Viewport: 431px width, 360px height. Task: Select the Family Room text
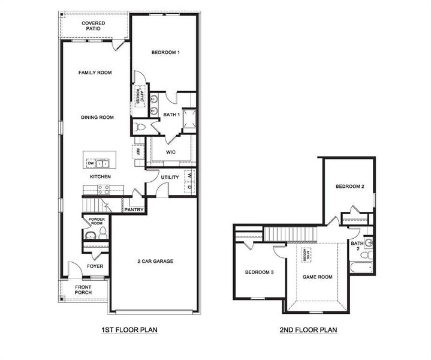pos(95,73)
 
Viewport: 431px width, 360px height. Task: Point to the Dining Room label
pos(97,118)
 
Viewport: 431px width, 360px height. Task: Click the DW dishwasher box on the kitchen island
pos(91,163)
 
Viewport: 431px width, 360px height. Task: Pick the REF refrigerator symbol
pos(137,152)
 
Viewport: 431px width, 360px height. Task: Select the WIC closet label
pos(170,152)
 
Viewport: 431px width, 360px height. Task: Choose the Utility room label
pos(171,178)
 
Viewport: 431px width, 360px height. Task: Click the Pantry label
pos(133,209)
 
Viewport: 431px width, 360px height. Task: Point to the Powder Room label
pos(97,221)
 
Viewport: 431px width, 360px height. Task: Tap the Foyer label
pos(95,266)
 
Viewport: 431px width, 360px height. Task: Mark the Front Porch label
pos(83,290)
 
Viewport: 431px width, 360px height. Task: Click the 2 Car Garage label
pos(155,262)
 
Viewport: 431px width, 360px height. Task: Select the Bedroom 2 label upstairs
pos(349,187)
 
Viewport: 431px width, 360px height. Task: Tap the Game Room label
pos(317,277)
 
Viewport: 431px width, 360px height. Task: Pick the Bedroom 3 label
pos(259,272)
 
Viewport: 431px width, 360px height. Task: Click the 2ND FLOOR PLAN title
pos(308,330)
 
